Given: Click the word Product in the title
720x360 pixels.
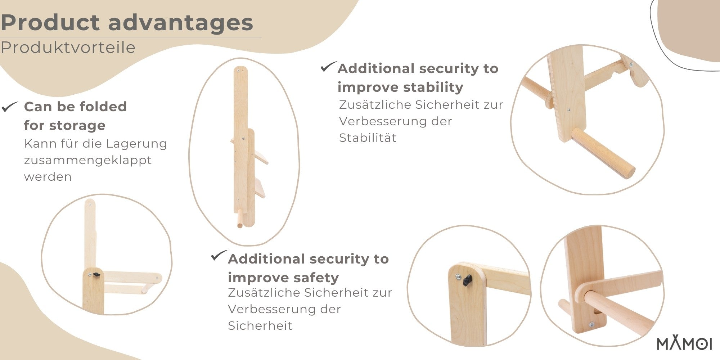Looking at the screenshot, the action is (50, 23).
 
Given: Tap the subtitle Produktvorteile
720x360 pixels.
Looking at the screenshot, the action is (68, 48).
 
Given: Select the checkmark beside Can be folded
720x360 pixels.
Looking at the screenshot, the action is (10, 107).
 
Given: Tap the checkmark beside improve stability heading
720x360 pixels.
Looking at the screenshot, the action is (329, 67).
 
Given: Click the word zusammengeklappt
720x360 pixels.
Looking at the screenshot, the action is (88, 161).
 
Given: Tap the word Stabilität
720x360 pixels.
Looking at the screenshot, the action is (368, 138).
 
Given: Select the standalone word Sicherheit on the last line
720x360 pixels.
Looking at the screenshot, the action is (260, 326).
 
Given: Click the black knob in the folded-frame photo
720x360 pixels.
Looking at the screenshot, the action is (96, 275).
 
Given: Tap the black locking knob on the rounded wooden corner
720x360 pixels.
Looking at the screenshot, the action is (467, 280).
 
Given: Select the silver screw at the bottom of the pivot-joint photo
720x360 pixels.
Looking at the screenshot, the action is (591, 325).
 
